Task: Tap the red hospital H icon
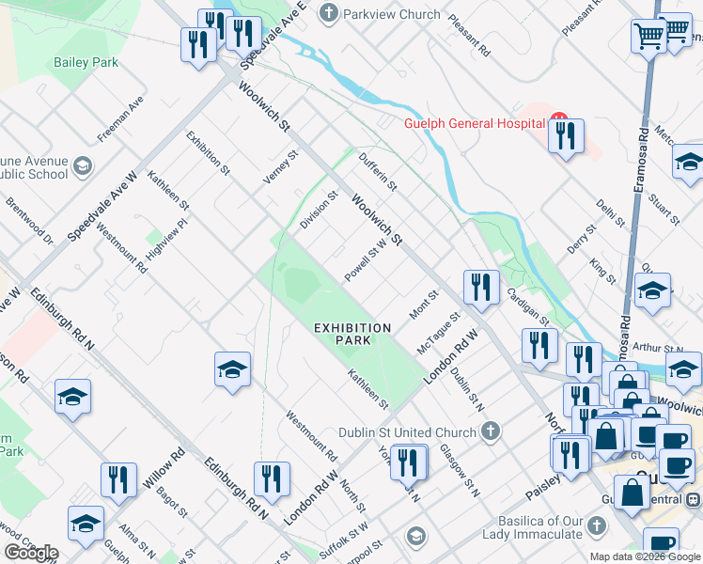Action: [559, 122]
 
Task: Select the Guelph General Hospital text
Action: [475, 123]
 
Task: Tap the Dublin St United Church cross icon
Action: [488, 431]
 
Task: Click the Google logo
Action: [31, 552]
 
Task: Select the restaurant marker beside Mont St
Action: [480, 288]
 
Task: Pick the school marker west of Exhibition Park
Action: [232, 369]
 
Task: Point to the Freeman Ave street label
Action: [120, 117]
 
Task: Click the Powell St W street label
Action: [365, 259]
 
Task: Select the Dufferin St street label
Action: [378, 173]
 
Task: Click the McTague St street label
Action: [437, 334]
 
